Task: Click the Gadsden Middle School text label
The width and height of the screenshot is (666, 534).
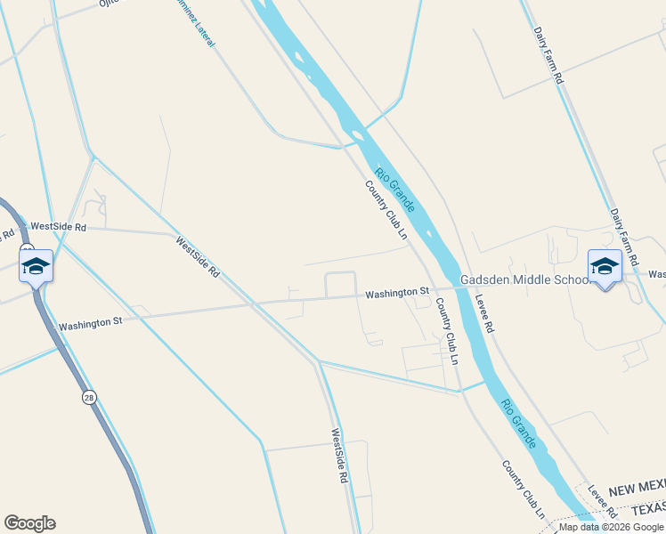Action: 524,279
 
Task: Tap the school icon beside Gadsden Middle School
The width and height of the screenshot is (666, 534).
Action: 605,267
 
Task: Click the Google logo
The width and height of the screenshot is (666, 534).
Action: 29,523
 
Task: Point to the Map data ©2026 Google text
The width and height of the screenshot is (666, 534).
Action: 612,527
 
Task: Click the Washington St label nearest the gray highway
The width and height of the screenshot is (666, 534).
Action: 90,324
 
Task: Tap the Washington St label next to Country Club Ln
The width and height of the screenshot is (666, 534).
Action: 397,292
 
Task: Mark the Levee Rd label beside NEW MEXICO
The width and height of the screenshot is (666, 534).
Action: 605,502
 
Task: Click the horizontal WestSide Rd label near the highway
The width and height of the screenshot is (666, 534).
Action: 58,227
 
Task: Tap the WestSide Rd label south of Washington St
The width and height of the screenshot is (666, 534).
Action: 339,457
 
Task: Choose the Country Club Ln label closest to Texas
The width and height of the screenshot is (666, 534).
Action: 523,490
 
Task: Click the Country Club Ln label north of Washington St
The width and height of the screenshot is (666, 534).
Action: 386,211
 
